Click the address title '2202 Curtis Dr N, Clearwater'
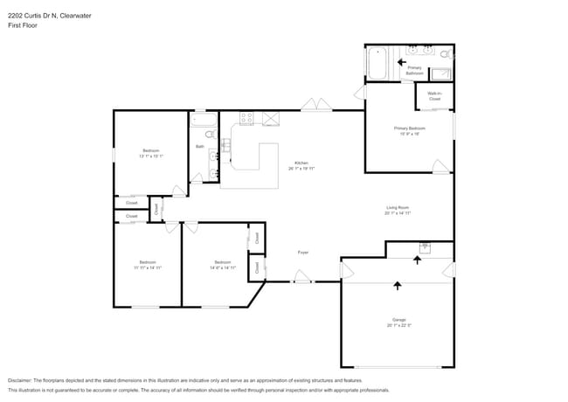[x=44, y=13]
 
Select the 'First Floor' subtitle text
[x=23, y=25]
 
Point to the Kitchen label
[x=301, y=165]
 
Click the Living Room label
[x=398, y=210]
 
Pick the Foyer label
[x=303, y=253]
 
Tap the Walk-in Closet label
[x=434, y=96]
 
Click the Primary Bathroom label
[x=414, y=70]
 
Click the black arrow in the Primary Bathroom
[x=402, y=61]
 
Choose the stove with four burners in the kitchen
[x=246, y=118]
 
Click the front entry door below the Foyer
[x=301, y=278]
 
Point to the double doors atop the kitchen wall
[x=315, y=106]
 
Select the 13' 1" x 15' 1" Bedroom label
[x=150, y=154]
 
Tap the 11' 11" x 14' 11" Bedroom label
[x=148, y=265]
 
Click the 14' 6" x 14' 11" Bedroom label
[x=223, y=265]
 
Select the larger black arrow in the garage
[x=398, y=285]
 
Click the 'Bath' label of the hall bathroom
[x=199, y=147]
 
